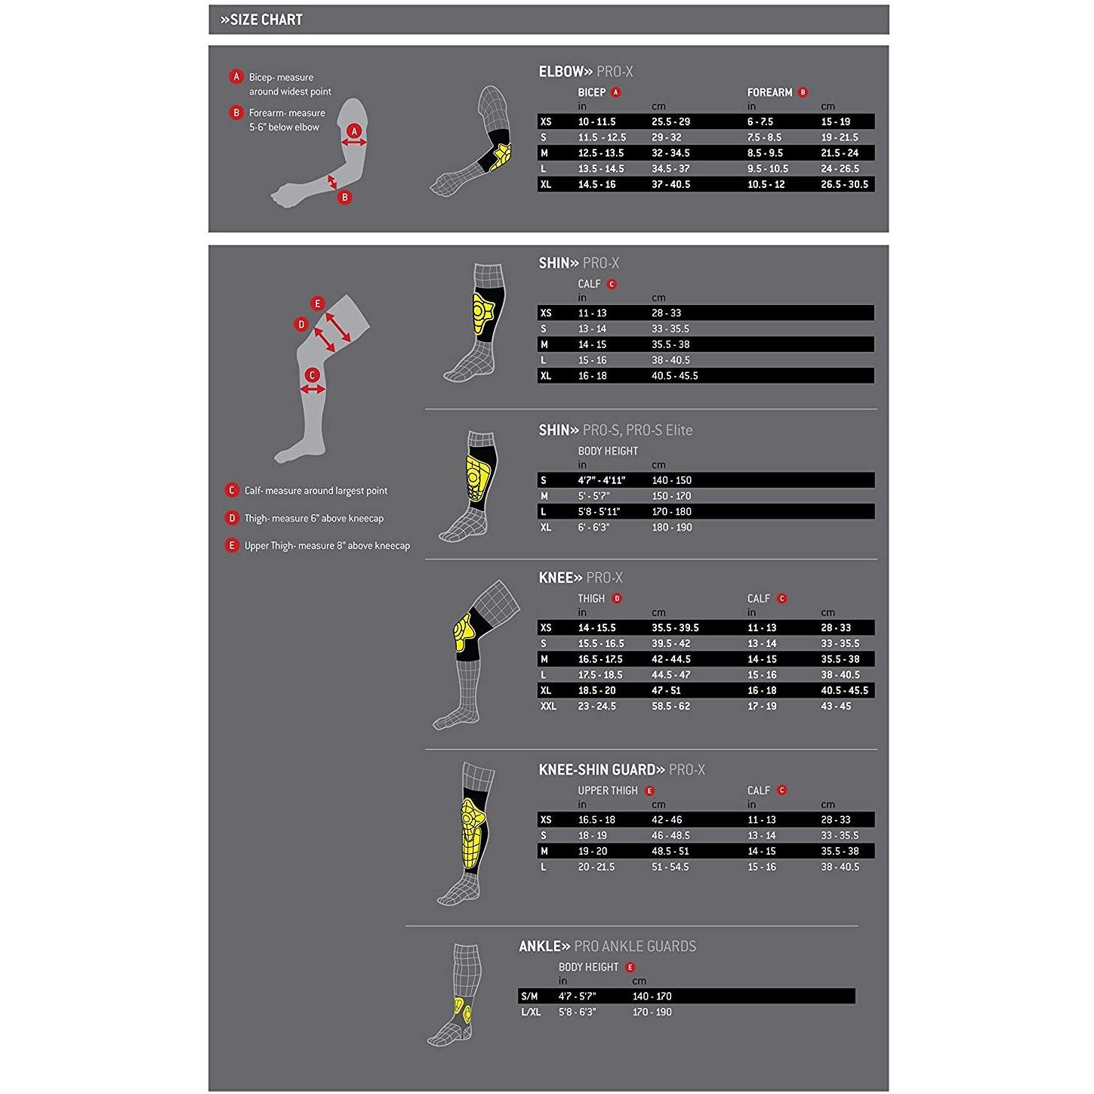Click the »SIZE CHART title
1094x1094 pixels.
tap(261, 20)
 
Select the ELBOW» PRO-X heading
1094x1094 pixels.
tap(585, 72)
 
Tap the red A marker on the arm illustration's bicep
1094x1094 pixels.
tap(354, 131)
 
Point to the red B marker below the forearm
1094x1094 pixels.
tap(344, 198)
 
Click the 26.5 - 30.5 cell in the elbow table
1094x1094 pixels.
tap(844, 184)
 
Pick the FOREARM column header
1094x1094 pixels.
tap(769, 93)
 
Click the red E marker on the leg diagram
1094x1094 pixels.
tap(318, 304)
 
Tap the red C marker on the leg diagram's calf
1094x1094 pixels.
tap(312, 375)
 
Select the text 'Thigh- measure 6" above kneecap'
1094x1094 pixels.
tap(314, 519)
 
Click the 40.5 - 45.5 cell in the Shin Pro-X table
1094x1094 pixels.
tap(674, 376)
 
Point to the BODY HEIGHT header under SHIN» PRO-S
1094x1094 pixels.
tap(608, 451)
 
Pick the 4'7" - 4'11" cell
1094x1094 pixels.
tap(601, 480)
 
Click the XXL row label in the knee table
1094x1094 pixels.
tap(548, 706)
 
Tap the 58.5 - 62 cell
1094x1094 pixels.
tap(670, 706)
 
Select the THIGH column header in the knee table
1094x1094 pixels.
tap(591, 599)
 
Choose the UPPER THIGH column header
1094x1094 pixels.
tap(608, 790)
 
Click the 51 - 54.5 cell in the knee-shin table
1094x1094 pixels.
tap(670, 867)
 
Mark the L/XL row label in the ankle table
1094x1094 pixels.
tap(530, 1012)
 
